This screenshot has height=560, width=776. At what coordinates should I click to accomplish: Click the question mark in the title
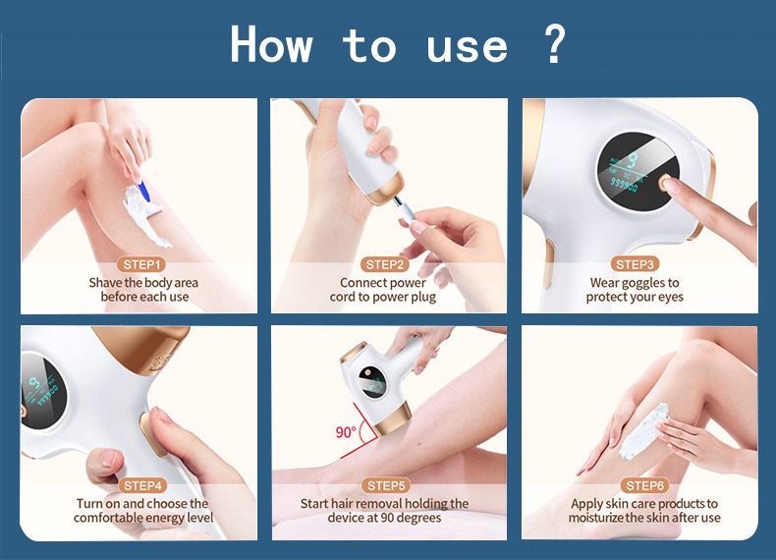click(x=554, y=44)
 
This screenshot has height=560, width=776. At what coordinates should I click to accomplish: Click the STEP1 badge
click(x=142, y=264)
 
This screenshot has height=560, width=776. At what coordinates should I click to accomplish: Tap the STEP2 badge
click(x=385, y=264)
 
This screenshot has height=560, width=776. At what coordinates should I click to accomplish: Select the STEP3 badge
click(x=635, y=264)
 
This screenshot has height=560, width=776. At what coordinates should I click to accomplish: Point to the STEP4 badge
click(x=143, y=485)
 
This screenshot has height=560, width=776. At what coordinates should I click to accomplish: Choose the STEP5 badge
click(x=386, y=485)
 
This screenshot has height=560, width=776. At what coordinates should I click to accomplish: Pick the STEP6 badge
click(x=644, y=485)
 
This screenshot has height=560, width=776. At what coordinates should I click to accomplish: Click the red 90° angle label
click(x=346, y=432)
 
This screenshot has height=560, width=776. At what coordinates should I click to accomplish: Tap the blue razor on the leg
click(x=143, y=191)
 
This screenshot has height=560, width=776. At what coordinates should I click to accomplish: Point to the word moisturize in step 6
click(x=595, y=518)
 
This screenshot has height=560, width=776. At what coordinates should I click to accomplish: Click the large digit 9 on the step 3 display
click(x=632, y=161)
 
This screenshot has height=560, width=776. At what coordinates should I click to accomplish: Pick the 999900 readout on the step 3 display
click(x=624, y=185)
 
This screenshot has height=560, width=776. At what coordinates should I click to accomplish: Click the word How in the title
click(x=271, y=44)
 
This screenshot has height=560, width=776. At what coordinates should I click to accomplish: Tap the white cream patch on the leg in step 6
click(x=642, y=429)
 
